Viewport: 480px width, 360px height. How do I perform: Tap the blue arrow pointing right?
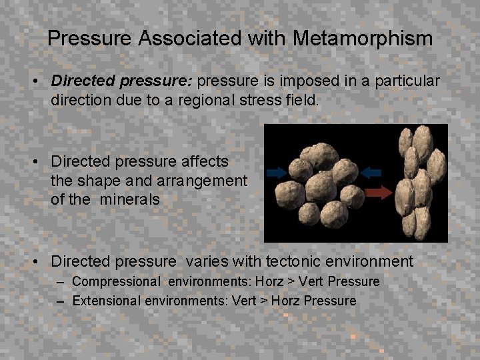[x=279, y=172]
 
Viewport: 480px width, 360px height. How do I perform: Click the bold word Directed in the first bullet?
[x=83, y=81]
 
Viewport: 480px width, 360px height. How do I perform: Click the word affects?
[x=205, y=161]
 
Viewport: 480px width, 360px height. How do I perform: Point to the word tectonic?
[x=296, y=261]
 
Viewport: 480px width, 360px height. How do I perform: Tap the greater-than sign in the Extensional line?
[x=265, y=301]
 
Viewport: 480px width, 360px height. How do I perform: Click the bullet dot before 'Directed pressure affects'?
[x=41, y=162]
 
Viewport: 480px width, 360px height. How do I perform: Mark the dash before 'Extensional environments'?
[x=61, y=301]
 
